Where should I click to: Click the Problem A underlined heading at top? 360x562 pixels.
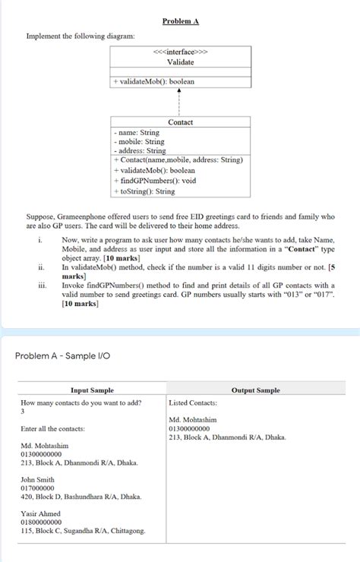click(x=180, y=21)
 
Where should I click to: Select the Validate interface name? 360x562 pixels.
click(x=180, y=62)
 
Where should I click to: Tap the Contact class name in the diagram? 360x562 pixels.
click(x=180, y=122)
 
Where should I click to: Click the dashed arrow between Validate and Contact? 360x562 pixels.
click(x=180, y=99)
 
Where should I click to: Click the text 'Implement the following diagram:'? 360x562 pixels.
click(x=81, y=36)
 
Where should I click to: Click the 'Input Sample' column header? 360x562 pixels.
click(x=92, y=390)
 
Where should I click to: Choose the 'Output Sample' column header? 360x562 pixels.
click(x=255, y=390)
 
